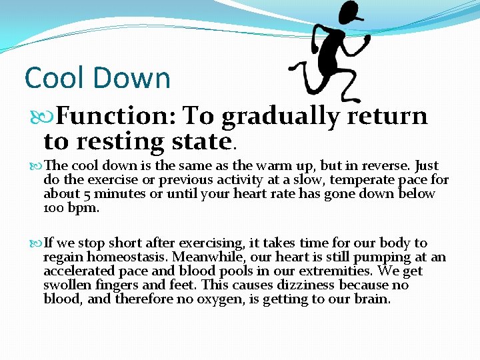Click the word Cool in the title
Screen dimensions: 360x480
click(54, 78)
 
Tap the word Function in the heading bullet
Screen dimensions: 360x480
click(113, 116)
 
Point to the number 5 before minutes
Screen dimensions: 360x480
click(79, 194)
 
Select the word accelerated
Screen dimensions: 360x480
click(78, 271)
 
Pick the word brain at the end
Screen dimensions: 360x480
click(373, 299)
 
